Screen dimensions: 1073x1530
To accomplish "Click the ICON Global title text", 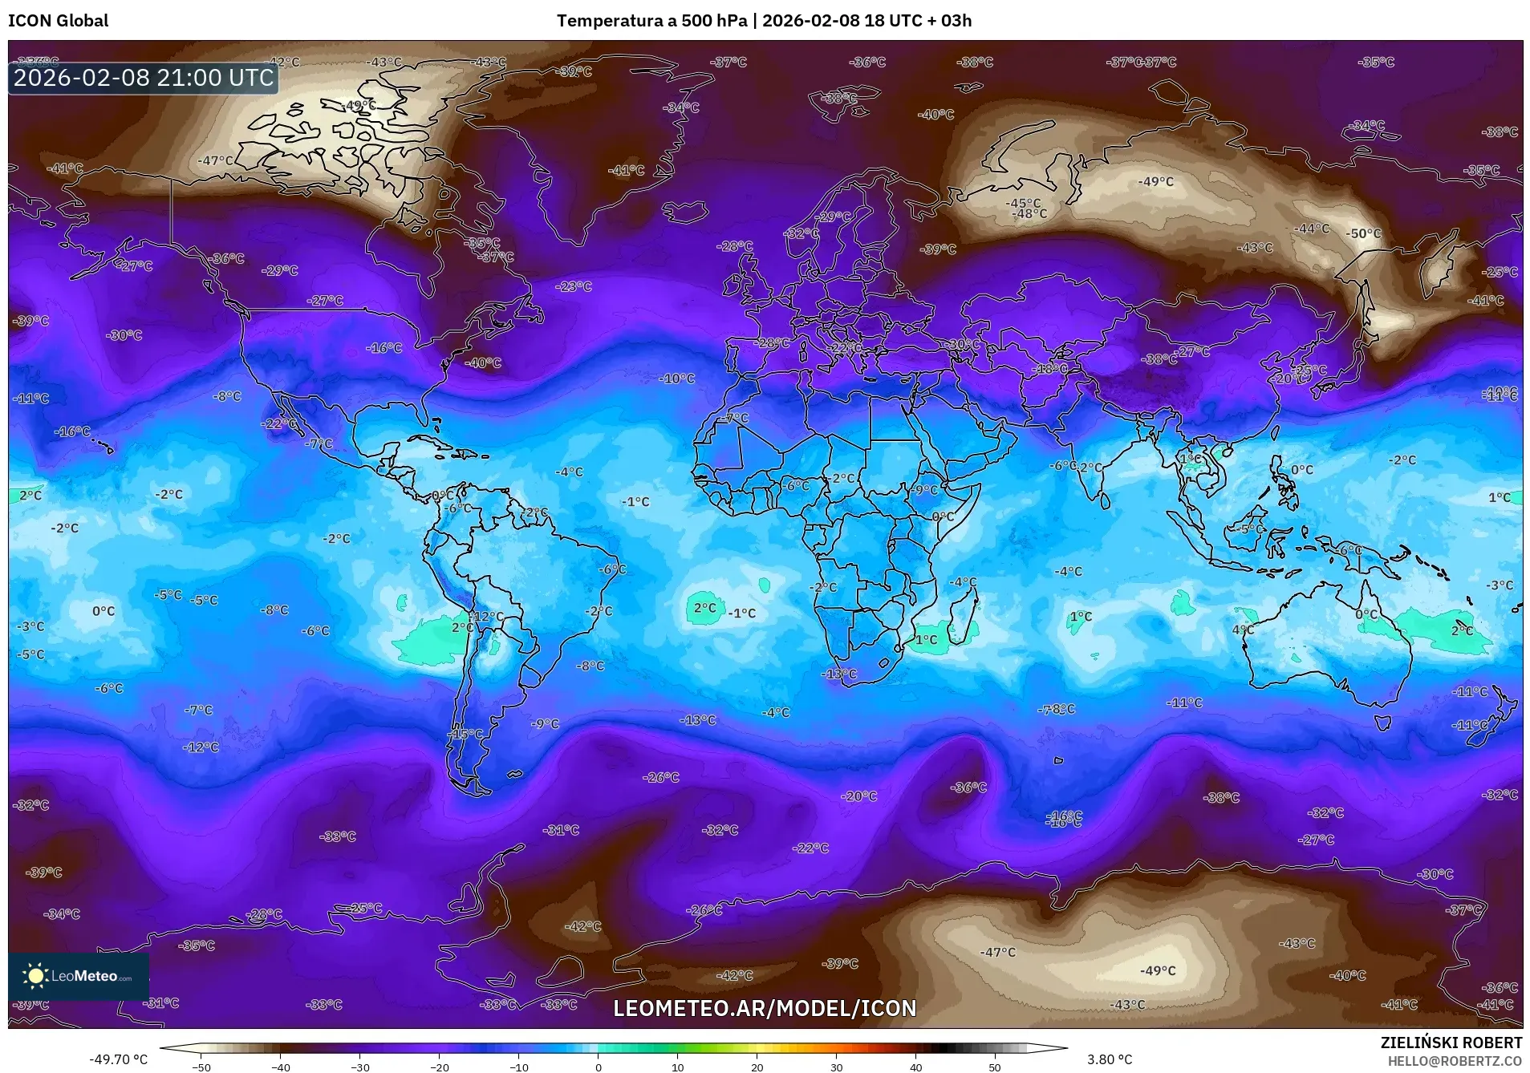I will [58, 21].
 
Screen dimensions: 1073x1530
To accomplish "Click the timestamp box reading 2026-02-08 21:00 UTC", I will [144, 78].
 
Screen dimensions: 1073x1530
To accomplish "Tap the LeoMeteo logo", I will [79, 976].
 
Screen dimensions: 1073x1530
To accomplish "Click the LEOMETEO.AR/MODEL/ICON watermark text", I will [764, 1008].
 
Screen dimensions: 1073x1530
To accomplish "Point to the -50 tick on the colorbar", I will [201, 1067].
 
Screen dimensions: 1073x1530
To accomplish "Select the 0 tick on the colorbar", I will [598, 1067].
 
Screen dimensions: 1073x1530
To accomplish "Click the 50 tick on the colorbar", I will [995, 1067].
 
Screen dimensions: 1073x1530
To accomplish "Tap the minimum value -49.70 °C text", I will [118, 1059].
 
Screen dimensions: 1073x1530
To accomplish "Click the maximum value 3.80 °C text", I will [1110, 1059].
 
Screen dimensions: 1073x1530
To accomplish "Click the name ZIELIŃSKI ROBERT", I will [1451, 1043].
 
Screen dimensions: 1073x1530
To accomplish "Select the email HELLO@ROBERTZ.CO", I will [1455, 1060].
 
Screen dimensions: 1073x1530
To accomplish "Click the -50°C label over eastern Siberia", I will [1364, 234].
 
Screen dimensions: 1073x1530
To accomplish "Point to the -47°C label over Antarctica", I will [997, 952].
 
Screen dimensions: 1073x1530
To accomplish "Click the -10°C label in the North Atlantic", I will [677, 379].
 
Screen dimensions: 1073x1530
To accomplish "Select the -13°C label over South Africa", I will [839, 674].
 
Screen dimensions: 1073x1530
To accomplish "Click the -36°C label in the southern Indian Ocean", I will [968, 788].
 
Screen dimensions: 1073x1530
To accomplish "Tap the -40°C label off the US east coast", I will [483, 362].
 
